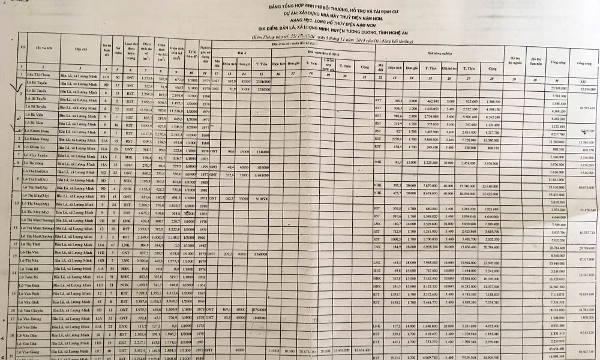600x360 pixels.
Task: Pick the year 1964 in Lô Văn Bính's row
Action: pyautogui.click(x=206, y=302)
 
